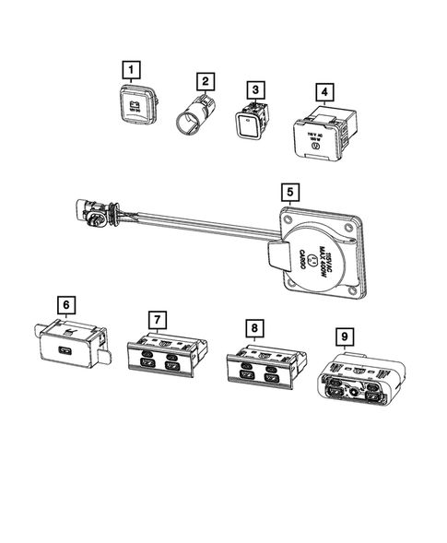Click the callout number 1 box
[x=135, y=68]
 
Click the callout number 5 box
[x=290, y=193]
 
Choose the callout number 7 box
[x=159, y=320]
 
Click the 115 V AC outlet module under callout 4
[x=322, y=132]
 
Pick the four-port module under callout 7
[x=159, y=355]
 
